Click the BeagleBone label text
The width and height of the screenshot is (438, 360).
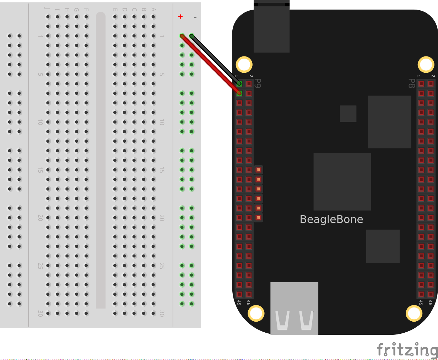[x=331, y=219]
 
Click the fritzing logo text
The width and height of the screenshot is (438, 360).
[x=407, y=350]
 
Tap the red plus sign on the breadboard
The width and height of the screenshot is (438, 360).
[x=180, y=17]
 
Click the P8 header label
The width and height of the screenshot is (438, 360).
[x=411, y=83]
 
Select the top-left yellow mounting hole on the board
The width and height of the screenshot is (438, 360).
[x=244, y=65]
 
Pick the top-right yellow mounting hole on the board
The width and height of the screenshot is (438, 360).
[x=426, y=65]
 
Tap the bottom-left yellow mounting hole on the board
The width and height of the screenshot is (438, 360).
[x=256, y=313]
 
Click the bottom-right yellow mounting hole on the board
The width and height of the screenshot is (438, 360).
[x=414, y=313]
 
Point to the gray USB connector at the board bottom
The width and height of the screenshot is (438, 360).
[x=294, y=308]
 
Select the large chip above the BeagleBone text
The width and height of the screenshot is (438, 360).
[x=342, y=181]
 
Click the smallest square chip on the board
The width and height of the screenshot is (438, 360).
[x=348, y=114]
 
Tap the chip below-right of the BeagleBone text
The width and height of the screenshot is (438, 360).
[x=383, y=246]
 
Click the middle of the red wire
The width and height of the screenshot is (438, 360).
[x=211, y=65]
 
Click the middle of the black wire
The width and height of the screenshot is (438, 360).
[x=216, y=60]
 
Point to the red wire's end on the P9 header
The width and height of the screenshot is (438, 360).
[x=239, y=93]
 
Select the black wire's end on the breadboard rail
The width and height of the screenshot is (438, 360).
[x=192, y=36]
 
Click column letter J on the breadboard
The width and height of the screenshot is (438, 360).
[x=48, y=9]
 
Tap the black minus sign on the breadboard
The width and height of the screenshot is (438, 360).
[x=195, y=17]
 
